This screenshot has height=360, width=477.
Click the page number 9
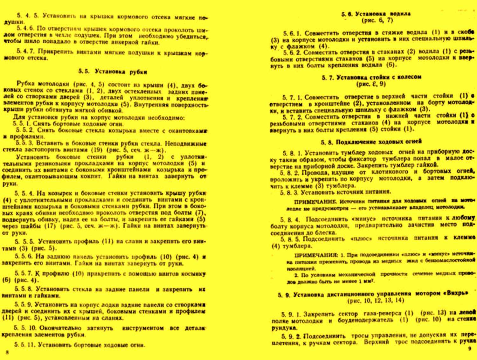point(470,349)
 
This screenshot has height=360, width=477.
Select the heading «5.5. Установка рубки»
point(113,72)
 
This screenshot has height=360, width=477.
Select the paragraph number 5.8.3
point(289,192)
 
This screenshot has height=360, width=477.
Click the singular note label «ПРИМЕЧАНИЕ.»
point(315,202)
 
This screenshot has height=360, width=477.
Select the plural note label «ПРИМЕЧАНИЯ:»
point(316,255)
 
